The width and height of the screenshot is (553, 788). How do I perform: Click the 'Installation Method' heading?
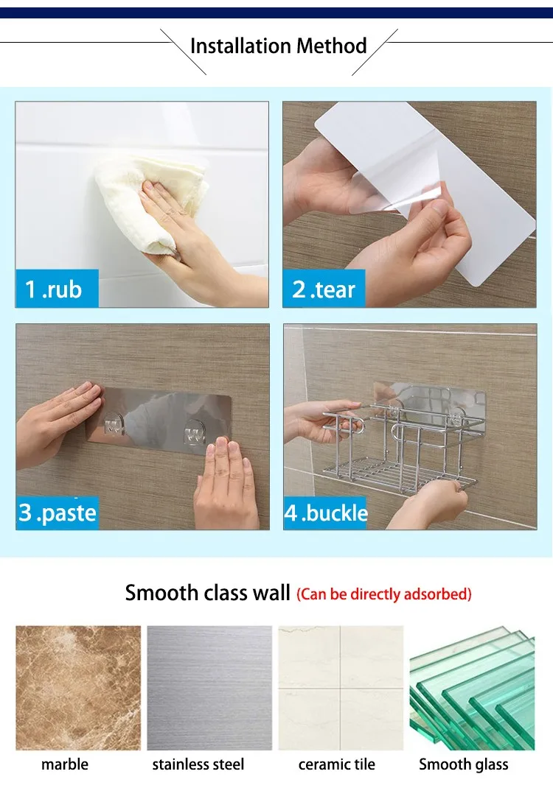coord(278,46)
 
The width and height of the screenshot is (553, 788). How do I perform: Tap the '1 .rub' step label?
coord(53,289)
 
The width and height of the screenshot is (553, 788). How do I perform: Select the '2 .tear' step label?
coord(324,289)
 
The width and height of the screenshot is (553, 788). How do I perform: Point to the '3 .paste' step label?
coord(58,512)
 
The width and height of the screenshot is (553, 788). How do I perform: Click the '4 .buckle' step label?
coord(326,513)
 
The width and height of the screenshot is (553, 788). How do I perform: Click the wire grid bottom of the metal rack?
coord(397,476)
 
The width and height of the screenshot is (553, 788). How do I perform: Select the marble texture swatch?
coord(78,688)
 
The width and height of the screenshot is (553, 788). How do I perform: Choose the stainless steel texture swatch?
coord(209,688)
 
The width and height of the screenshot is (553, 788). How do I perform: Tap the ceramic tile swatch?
coord(341,688)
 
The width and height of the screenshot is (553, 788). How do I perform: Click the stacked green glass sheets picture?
coord(472,688)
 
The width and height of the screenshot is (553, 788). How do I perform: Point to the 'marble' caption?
coord(65,764)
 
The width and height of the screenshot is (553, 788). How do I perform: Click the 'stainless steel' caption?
coord(198,764)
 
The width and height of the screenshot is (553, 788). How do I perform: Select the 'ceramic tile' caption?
coord(337,764)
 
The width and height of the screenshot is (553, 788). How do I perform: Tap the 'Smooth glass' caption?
coord(464,764)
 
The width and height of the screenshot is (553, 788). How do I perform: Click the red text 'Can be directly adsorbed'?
coord(384,594)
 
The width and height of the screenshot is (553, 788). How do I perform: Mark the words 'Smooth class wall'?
coord(208,593)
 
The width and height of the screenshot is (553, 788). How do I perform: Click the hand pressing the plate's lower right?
coord(226,482)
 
